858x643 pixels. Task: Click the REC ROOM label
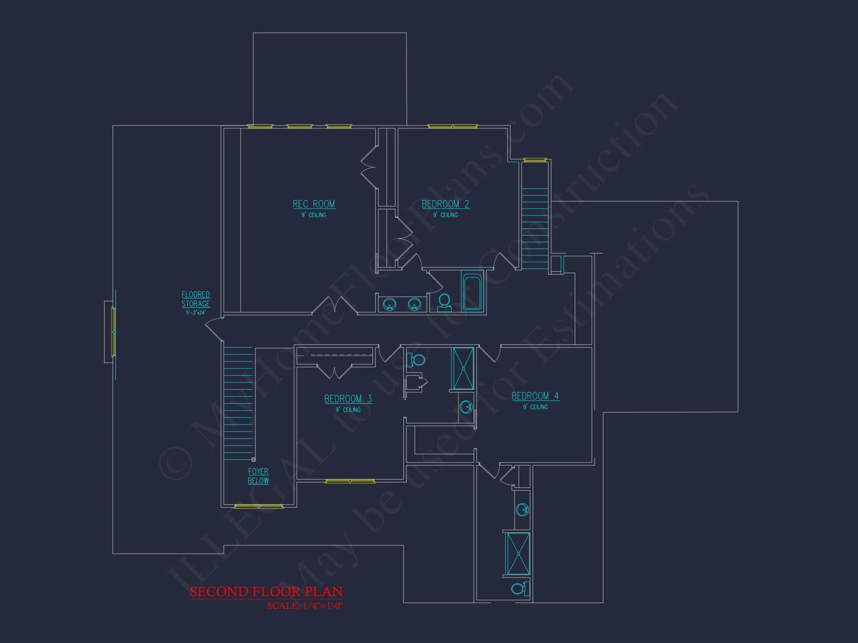(x=314, y=204)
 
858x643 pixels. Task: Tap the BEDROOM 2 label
(x=445, y=204)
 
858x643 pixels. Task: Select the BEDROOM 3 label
(x=348, y=399)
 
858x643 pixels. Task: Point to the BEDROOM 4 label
(x=535, y=396)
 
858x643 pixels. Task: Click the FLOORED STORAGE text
(x=196, y=299)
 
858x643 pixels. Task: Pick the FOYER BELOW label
(x=258, y=476)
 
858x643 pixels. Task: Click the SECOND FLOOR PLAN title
(x=266, y=592)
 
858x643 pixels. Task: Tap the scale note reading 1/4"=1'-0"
(x=305, y=606)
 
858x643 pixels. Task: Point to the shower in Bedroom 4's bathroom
(x=518, y=553)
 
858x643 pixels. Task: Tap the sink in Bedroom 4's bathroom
(x=523, y=510)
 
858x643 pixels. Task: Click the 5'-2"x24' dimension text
(x=196, y=313)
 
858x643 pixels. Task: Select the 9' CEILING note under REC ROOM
(x=314, y=215)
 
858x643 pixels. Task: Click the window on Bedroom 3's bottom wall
(x=350, y=481)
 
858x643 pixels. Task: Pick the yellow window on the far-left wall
(x=113, y=331)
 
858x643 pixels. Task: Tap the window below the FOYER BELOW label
(x=259, y=507)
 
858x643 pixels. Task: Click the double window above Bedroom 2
(x=453, y=126)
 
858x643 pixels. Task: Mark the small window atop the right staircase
(x=535, y=160)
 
